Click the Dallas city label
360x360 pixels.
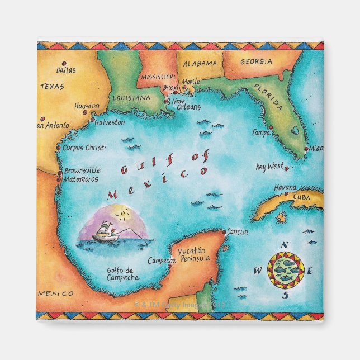67,70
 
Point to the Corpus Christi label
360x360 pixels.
84,148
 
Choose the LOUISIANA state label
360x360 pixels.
131,97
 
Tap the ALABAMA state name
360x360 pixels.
200,63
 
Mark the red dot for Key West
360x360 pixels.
286,168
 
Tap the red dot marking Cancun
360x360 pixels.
224,232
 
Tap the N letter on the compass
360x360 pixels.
285,245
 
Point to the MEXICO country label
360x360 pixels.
56,293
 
